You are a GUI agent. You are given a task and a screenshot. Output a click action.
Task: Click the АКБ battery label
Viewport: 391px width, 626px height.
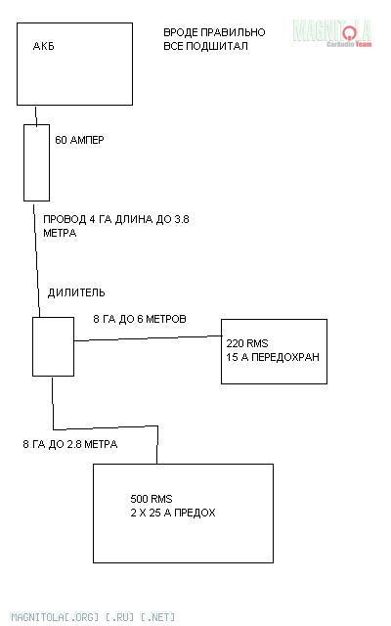coord(43,46)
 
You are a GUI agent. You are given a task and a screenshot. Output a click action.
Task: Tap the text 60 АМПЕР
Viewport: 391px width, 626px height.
coord(79,140)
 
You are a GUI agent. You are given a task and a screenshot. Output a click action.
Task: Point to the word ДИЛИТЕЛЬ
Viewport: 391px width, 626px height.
coord(76,292)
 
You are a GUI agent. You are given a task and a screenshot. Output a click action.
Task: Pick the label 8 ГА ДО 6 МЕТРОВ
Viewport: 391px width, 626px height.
coord(140,319)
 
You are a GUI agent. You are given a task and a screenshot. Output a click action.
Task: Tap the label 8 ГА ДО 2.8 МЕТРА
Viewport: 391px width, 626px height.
coord(70,444)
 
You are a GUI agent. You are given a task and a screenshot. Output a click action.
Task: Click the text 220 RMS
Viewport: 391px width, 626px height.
coord(247,343)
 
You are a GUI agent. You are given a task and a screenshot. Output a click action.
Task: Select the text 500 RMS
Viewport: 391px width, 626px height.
coord(152,499)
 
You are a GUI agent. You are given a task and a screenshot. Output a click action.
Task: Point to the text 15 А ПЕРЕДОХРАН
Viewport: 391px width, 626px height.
coord(273,357)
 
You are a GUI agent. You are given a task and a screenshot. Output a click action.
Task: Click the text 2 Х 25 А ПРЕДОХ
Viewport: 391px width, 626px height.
coord(173,513)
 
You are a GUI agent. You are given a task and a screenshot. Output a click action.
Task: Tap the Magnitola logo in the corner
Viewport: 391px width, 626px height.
coord(332,33)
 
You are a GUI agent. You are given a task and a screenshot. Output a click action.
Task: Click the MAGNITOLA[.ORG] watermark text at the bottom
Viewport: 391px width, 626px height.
coord(93,617)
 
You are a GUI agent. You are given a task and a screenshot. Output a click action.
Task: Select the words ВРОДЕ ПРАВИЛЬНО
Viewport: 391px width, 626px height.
coord(214,32)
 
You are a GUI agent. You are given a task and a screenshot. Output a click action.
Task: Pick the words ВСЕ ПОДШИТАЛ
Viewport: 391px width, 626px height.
coord(206,46)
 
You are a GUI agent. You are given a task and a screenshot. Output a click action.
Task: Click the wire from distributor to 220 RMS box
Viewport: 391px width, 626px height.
coord(148,338)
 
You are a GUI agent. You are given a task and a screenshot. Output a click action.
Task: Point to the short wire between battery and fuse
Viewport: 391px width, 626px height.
coord(36,116)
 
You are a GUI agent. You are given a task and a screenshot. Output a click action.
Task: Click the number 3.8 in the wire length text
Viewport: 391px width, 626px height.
coord(182,219)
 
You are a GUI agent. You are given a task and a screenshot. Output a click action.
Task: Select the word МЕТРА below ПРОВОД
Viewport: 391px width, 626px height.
coord(60,233)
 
